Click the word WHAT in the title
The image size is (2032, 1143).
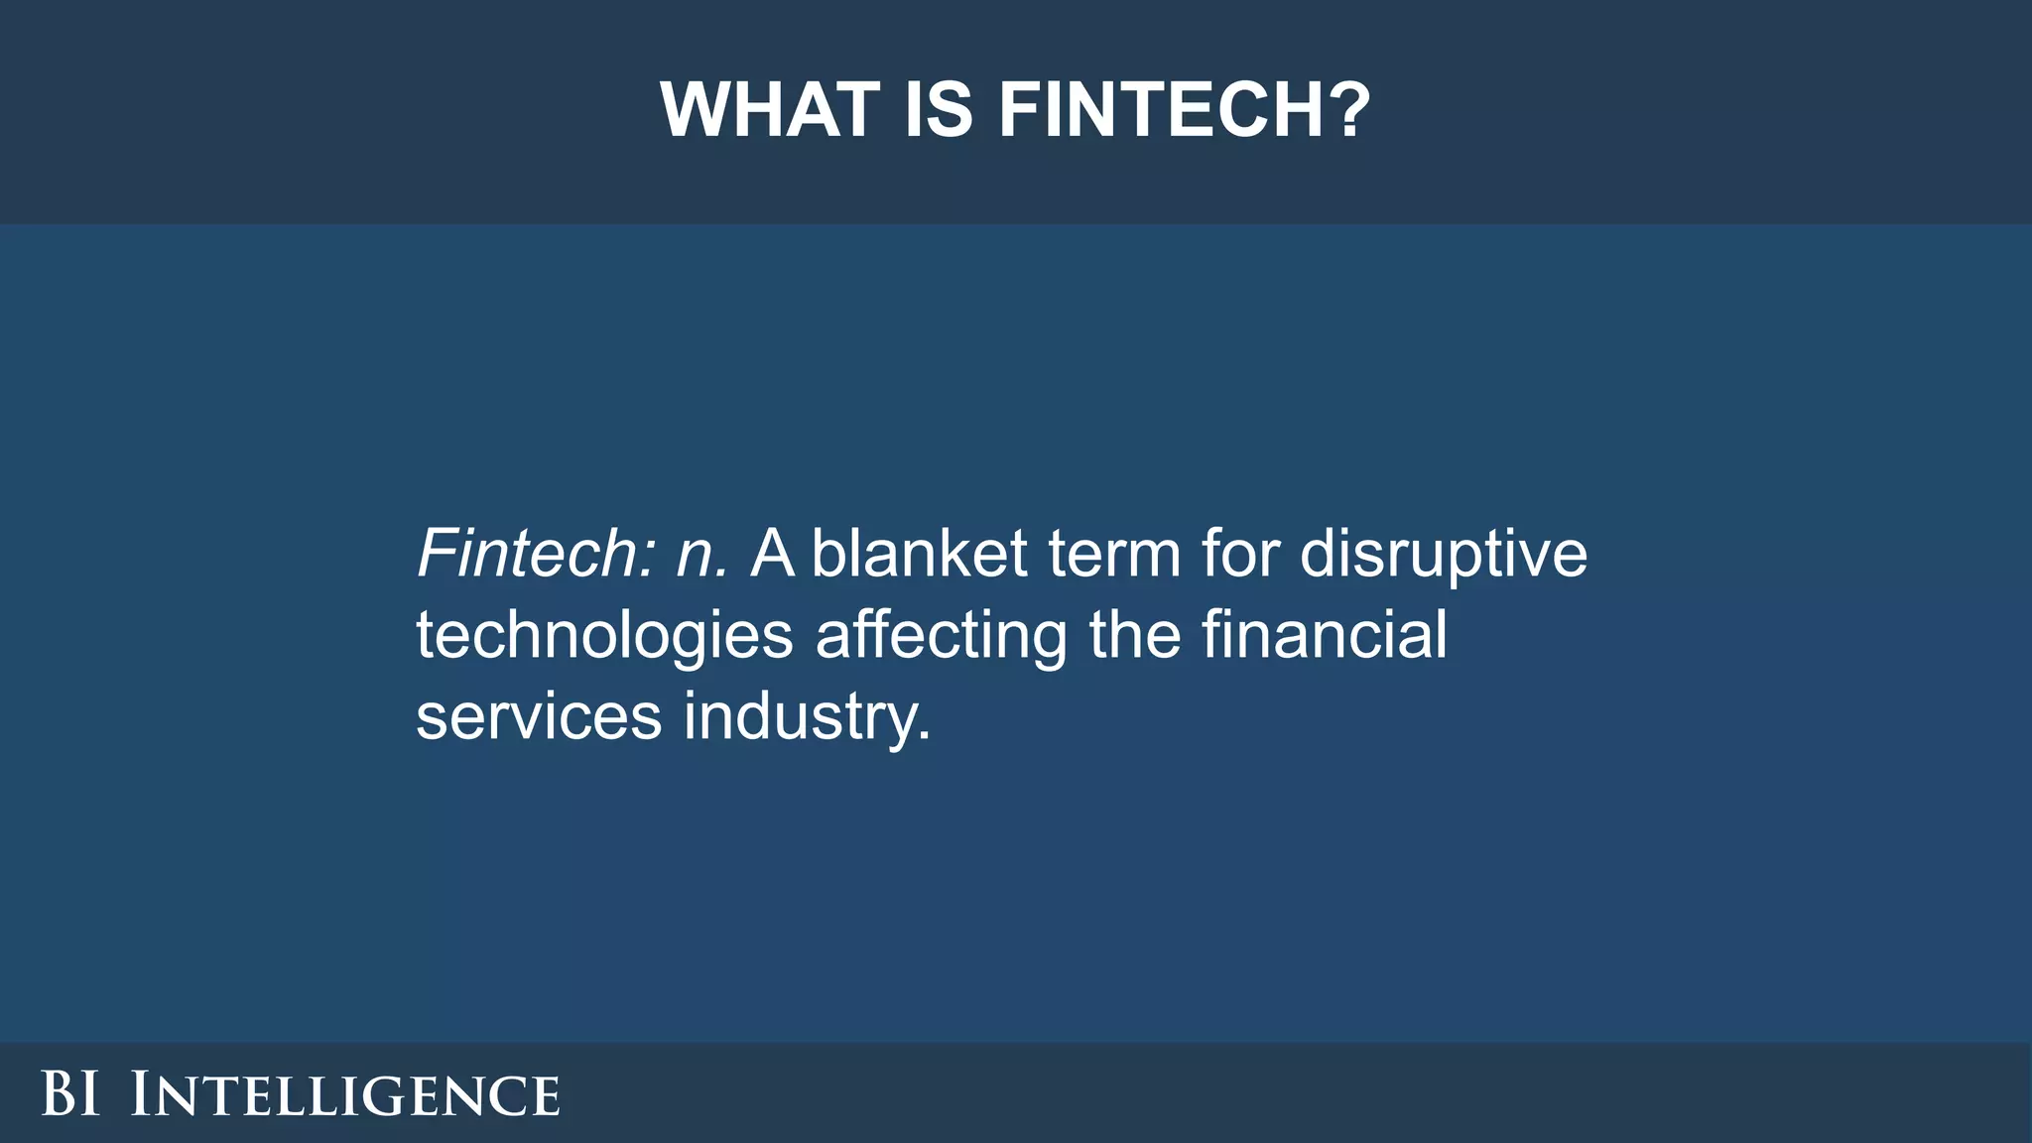click(770, 109)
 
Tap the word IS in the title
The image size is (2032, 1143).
click(938, 109)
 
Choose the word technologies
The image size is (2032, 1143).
click(604, 637)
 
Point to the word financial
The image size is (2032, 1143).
click(1325, 635)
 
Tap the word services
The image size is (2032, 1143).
click(539, 718)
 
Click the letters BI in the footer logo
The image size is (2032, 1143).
click(70, 1094)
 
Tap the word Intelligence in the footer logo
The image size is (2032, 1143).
click(345, 1094)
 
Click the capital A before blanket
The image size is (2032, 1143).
click(773, 554)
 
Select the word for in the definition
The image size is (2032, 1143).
click(1240, 554)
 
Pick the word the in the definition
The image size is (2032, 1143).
click(1135, 635)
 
